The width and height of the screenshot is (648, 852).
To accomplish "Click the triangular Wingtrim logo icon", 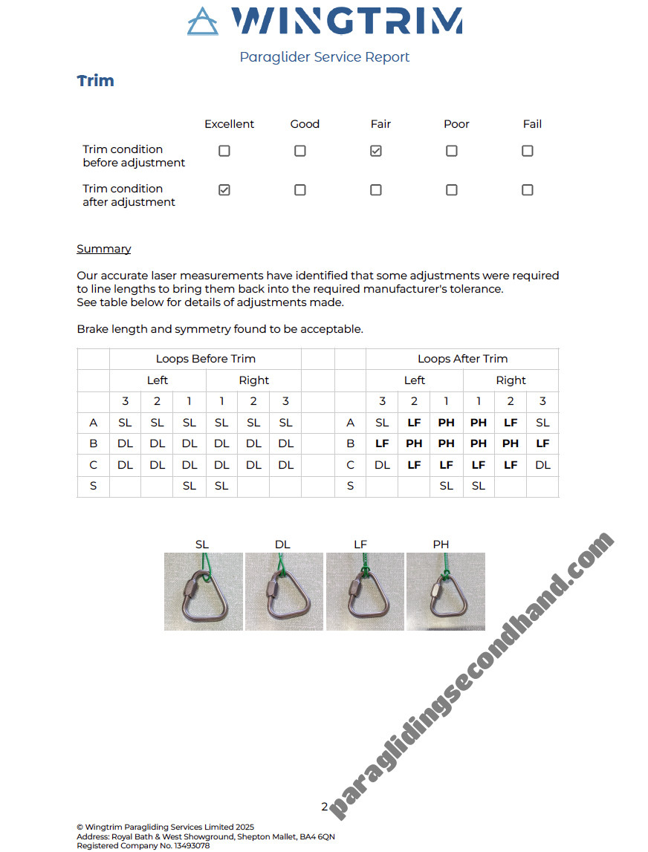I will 203,22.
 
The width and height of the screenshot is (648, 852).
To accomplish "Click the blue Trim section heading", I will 96,81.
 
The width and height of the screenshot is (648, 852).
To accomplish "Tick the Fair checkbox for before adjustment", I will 376,151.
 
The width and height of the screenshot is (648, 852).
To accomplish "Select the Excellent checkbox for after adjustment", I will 224,190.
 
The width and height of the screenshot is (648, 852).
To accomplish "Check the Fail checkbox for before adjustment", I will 528,151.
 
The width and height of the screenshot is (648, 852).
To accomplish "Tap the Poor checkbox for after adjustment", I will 452,190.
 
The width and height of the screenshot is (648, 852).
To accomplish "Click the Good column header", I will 305,124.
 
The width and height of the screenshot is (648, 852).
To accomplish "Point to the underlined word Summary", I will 104,249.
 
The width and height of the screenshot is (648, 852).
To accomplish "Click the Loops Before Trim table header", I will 205,359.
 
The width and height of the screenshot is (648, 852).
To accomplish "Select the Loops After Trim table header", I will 462,359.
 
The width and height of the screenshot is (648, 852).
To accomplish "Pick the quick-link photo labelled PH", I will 446,591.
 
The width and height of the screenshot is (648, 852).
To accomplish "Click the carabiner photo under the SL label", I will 204,591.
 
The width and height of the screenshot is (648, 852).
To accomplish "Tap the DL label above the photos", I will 282,544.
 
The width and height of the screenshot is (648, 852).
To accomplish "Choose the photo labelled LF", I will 365,591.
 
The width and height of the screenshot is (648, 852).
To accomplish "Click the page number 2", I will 324,807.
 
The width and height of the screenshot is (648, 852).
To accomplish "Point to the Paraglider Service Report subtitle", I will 324,57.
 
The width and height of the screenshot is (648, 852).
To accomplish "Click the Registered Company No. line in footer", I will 143,846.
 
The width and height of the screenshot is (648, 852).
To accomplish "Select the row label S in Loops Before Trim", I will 93,487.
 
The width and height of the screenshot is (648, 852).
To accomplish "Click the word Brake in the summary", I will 92,329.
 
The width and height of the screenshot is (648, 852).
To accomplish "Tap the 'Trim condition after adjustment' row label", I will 129,195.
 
